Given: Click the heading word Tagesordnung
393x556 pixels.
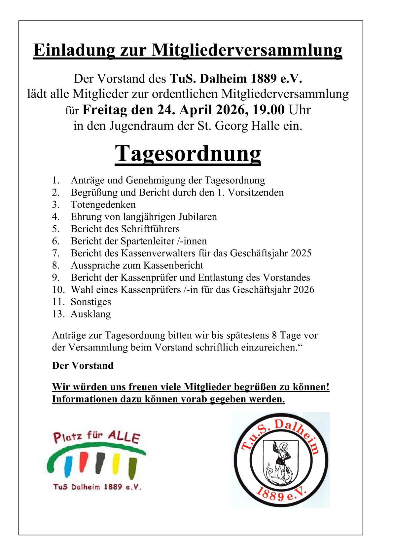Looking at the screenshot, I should point(188,154).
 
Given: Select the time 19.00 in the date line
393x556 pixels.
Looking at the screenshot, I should point(268,110).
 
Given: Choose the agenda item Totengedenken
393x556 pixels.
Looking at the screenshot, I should point(103,204).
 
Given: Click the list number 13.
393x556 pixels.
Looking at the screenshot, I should point(58,314).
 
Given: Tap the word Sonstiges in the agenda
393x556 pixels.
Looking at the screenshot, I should point(91,302).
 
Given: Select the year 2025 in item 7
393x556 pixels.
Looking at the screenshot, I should point(301,253).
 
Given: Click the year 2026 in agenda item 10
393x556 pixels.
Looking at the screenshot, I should point(304,290).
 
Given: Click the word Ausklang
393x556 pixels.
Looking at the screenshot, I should point(91,314).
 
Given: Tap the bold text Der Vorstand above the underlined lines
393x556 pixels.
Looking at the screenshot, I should point(83,365).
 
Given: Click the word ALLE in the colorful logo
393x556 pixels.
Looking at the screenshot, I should point(124,437).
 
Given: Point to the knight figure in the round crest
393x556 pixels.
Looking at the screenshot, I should point(280,461).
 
